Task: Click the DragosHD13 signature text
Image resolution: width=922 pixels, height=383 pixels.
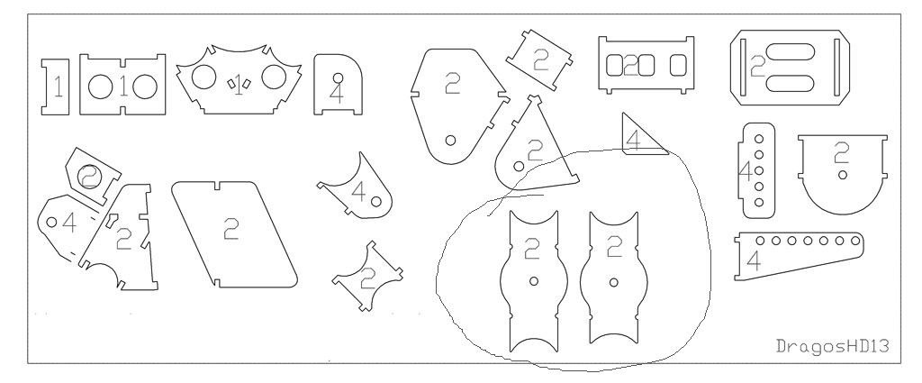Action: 832,346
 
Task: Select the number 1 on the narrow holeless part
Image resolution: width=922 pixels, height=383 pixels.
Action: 58,87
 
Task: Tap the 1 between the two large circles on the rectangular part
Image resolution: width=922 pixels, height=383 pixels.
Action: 123,87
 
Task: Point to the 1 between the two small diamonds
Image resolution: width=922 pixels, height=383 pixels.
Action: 239,87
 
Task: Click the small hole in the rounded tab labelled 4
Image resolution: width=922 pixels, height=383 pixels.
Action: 339,78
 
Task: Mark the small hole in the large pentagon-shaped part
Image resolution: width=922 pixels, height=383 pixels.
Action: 450,140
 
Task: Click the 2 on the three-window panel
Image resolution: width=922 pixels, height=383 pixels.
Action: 631,66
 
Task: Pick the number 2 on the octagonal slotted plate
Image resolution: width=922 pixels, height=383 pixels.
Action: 758,67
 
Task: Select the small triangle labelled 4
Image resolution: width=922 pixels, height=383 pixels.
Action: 643,134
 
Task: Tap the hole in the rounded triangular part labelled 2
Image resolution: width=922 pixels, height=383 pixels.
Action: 519,167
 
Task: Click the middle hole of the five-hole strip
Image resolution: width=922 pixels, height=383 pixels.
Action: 759,170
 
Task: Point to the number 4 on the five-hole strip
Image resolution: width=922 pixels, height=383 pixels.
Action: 746,172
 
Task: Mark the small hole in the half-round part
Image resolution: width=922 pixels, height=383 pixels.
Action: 843,175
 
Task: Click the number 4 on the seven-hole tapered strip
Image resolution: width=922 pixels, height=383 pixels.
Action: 754,260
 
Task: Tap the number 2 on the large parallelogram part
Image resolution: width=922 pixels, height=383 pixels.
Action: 231,229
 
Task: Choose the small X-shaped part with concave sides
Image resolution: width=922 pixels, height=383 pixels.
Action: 367,276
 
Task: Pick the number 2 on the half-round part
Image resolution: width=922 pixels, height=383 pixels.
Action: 842,153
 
